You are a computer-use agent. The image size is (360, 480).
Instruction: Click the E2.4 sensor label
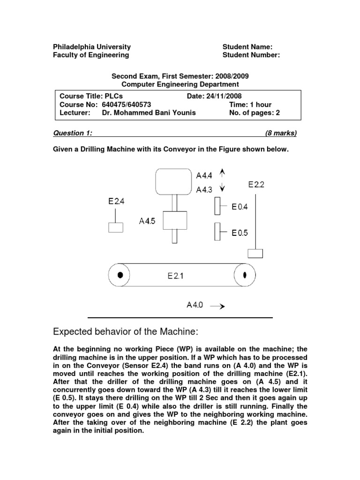pos(116,202)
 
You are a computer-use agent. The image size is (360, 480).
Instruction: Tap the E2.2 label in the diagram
pos(256,185)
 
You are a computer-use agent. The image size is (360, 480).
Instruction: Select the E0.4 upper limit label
pos(240,206)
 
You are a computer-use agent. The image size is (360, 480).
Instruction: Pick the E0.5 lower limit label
pos(240,232)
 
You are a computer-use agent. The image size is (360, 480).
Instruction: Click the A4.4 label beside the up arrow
pos(204,176)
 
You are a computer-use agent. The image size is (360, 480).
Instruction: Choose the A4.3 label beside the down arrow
pos(204,189)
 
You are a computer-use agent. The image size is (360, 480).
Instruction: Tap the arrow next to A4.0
pos(217,306)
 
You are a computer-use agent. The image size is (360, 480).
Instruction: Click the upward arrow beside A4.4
pos(223,174)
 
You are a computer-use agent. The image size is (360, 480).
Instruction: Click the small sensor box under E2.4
pos(116,227)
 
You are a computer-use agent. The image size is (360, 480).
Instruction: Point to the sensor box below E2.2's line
pos(255,254)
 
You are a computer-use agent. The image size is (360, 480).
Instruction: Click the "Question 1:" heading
pos(73,133)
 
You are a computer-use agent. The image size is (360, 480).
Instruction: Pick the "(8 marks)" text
pos(281,133)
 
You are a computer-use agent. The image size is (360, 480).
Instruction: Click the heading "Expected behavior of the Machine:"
pos(127,332)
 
